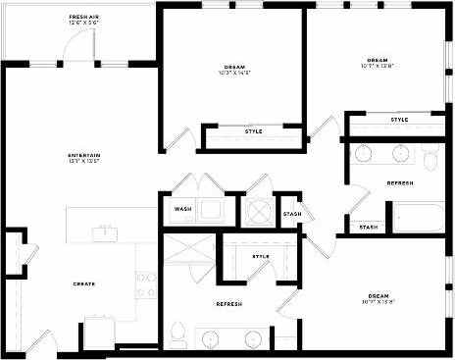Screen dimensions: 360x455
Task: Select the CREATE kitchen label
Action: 83,283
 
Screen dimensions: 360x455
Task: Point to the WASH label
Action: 182,209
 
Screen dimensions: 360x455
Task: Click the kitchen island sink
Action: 103,231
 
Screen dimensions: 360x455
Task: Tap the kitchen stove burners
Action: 146,285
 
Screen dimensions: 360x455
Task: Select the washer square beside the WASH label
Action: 212,209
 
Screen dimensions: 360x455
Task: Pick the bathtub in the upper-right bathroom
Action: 419,216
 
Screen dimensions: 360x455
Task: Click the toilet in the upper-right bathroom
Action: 432,156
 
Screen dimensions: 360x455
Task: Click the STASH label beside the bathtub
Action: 368,228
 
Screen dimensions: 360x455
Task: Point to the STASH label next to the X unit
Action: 291,215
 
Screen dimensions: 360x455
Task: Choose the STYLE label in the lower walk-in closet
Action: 260,257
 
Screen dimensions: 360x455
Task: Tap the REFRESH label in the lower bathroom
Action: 228,304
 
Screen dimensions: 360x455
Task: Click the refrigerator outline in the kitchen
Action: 99,331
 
